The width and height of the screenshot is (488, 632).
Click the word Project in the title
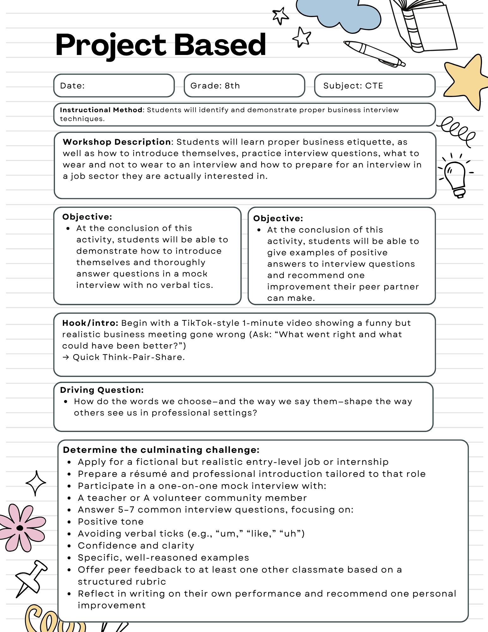click(x=111, y=45)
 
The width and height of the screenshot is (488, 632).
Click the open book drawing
click(x=423, y=25)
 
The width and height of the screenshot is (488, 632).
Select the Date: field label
click(x=72, y=86)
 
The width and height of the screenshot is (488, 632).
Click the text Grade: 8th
click(x=215, y=86)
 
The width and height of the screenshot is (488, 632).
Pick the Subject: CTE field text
click(x=353, y=86)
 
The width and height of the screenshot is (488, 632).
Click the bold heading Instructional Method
click(x=101, y=110)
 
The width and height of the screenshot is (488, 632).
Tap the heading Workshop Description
click(x=117, y=142)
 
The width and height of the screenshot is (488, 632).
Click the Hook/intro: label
click(x=90, y=323)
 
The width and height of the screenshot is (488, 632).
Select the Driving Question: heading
click(x=102, y=390)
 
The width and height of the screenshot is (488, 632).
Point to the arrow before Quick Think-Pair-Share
click(x=66, y=357)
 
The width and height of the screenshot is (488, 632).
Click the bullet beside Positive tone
click(x=69, y=522)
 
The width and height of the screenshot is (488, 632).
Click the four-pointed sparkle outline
click(x=36, y=483)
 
